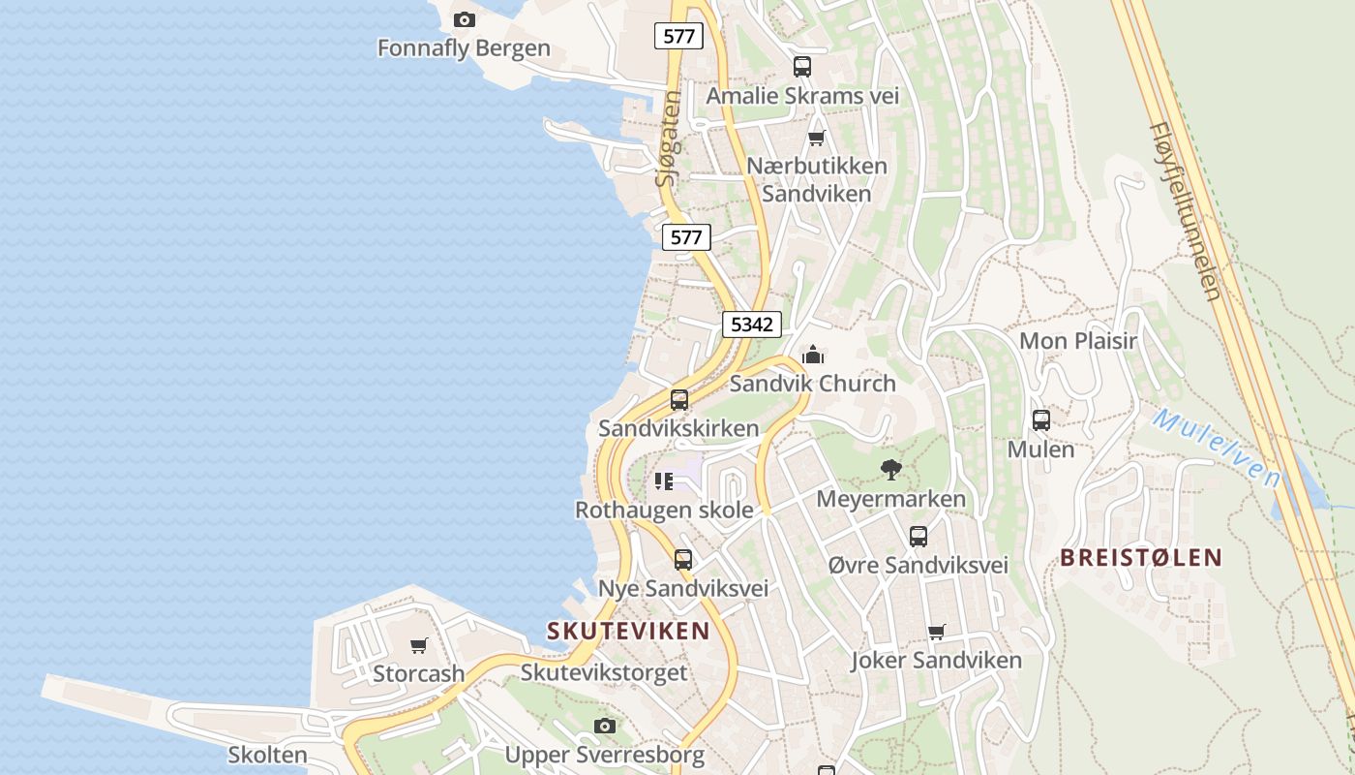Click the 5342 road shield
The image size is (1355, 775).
pyautogui.click(x=752, y=325)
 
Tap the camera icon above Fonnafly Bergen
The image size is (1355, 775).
pyautogui.click(x=465, y=19)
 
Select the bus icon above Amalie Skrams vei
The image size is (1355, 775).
pyautogui.click(x=802, y=67)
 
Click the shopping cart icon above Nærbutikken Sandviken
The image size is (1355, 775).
pyautogui.click(x=816, y=138)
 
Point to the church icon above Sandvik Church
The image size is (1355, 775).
pyautogui.click(x=813, y=355)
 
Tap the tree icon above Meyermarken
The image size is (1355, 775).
pyautogui.click(x=890, y=470)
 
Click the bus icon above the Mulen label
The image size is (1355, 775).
pyautogui.click(x=1041, y=420)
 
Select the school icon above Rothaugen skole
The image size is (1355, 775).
pyautogui.click(x=664, y=480)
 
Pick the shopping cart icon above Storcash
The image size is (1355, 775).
pyautogui.click(x=419, y=645)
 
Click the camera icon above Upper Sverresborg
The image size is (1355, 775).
pyautogui.click(x=605, y=726)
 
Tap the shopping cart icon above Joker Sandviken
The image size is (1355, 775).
pyautogui.click(x=936, y=632)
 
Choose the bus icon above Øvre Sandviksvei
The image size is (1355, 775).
pyautogui.click(x=918, y=536)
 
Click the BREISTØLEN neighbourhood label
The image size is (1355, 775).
pyautogui.click(x=1141, y=557)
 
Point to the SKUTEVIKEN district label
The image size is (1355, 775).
pyautogui.click(x=628, y=631)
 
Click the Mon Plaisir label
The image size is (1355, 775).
pyautogui.click(x=1078, y=341)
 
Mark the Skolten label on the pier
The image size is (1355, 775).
pyautogui.click(x=267, y=755)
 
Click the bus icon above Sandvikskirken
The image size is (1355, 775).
pyautogui.click(x=679, y=399)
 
